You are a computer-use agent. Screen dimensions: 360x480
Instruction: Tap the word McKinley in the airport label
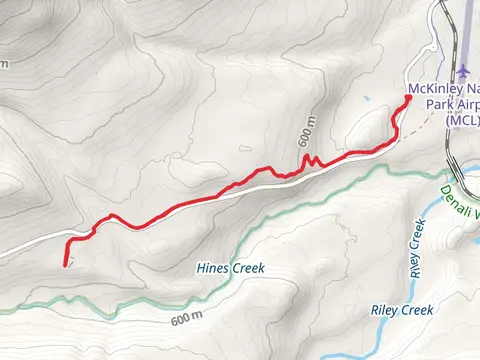432,88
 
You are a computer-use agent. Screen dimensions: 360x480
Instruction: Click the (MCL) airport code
461,120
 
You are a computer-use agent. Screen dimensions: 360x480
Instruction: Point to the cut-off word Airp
462,104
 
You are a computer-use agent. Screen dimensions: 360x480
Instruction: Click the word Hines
212,269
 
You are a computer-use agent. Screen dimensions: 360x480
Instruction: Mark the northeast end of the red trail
409,96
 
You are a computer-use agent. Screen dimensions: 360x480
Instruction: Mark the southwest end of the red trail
66,263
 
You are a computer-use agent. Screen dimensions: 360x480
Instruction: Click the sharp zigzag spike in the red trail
306,157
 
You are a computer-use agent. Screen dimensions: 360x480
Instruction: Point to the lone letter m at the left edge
4,63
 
